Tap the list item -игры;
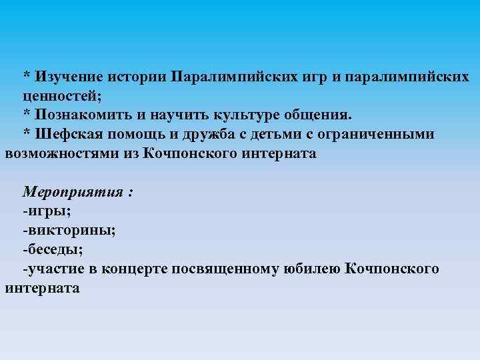47,211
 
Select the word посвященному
235,269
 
